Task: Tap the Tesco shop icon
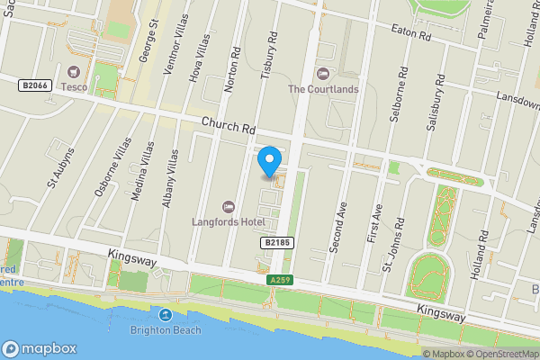click(x=73, y=71)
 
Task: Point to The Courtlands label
click(x=323, y=89)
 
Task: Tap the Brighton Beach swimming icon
click(x=166, y=314)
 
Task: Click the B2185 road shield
click(x=278, y=243)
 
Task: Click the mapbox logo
click(x=40, y=347)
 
